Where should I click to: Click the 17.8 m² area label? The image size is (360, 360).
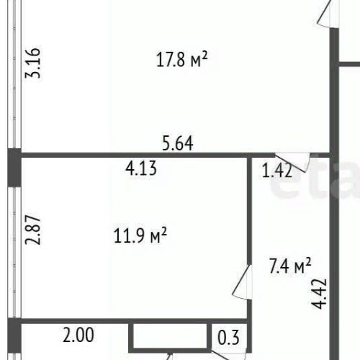click(x=181, y=60)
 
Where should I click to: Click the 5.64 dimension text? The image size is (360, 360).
click(x=177, y=143)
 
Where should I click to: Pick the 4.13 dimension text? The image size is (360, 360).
click(x=141, y=170)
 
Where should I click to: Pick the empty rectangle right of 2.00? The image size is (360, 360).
click(x=170, y=336)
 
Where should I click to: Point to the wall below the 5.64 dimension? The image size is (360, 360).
click(x=144, y=154)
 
